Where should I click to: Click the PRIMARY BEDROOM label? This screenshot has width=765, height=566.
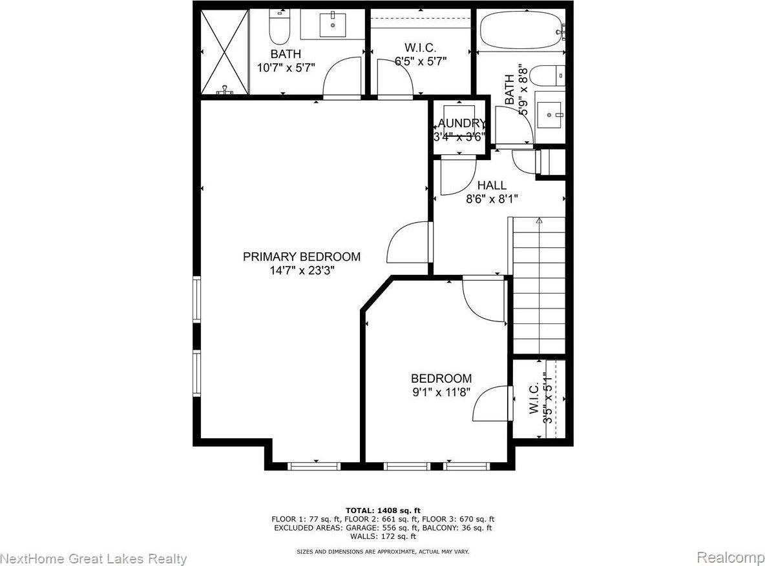pos(301,257)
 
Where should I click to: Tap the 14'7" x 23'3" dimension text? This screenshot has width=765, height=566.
pos(301,271)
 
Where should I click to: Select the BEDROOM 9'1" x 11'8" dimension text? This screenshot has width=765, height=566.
pos(441,392)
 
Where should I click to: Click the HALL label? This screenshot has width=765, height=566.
pos(492,186)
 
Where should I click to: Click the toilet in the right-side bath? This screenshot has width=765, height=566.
pos(550,76)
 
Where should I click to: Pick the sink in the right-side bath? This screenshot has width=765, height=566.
pos(550,114)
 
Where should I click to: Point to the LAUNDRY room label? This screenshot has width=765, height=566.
pos(459,123)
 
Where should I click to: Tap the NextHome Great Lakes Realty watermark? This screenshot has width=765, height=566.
pos(94,558)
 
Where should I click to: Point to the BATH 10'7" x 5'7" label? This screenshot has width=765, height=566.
pos(286,60)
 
